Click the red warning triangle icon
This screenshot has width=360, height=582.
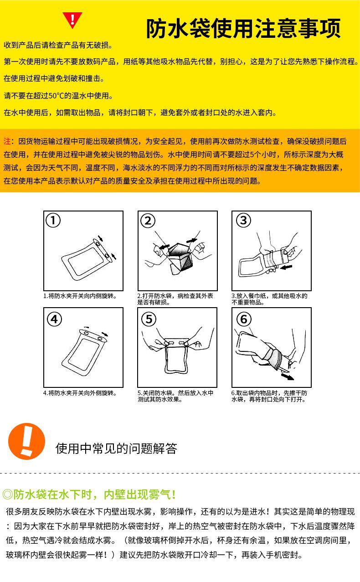click(x=72, y=20)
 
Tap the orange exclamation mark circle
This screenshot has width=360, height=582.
click(x=26, y=441)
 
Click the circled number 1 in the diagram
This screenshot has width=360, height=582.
click(x=53, y=221)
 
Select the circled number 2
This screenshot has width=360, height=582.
click(x=148, y=221)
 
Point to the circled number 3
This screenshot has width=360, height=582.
click(x=243, y=220)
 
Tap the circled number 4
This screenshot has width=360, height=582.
click(x=54, y=319)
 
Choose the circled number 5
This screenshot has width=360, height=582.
click(x=149, y=319)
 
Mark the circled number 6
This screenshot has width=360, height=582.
click(x=244, y=319)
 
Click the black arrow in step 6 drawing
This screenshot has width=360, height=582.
click(x=288, y=376)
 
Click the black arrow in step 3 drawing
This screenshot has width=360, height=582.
click(x=286, y=267)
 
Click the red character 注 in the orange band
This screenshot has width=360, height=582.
click(x=7, y=141)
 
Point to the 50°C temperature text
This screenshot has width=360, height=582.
click(x=56, y=96)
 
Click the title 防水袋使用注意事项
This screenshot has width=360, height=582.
click(x=243, y=28)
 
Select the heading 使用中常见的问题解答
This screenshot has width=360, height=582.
click(x=116, y=448)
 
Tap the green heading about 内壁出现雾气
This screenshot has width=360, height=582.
click(x=89, y=494)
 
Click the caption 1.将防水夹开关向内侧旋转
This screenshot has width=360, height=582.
click(x=80, y=296)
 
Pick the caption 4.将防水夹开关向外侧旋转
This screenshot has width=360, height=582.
click(x=80, y=393)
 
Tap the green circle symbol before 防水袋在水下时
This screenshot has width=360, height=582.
click(x=8, y=494)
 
